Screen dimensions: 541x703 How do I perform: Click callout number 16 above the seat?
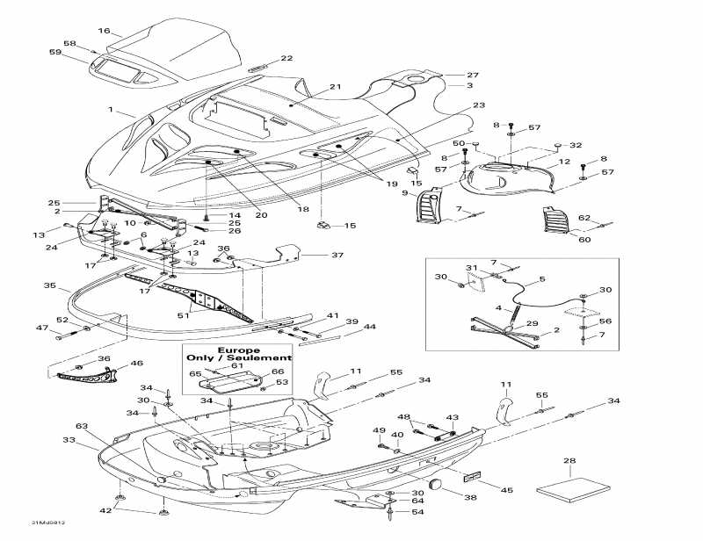[x=104, y=31]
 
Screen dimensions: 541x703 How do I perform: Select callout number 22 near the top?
[x=286, y=58]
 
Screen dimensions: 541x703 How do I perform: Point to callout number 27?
[x=472, y=75]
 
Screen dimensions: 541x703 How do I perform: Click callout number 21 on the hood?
[x=335, y=86]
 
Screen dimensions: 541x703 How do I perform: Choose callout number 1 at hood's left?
[x=112, y=110]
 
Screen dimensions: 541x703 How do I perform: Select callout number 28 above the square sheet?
[x=569, y=460]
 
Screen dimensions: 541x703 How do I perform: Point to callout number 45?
[x=507, y=489]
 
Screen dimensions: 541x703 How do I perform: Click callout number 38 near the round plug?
[x=471, y=497]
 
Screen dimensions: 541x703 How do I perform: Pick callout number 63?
[x=82, y=425]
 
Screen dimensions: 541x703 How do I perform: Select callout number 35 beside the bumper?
[x=50, y=285]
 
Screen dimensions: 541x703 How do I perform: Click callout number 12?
[x=565, y=162]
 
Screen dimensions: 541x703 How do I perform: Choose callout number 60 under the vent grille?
[x=561, y=237]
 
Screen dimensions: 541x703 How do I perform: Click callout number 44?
[x=370, y=327]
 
